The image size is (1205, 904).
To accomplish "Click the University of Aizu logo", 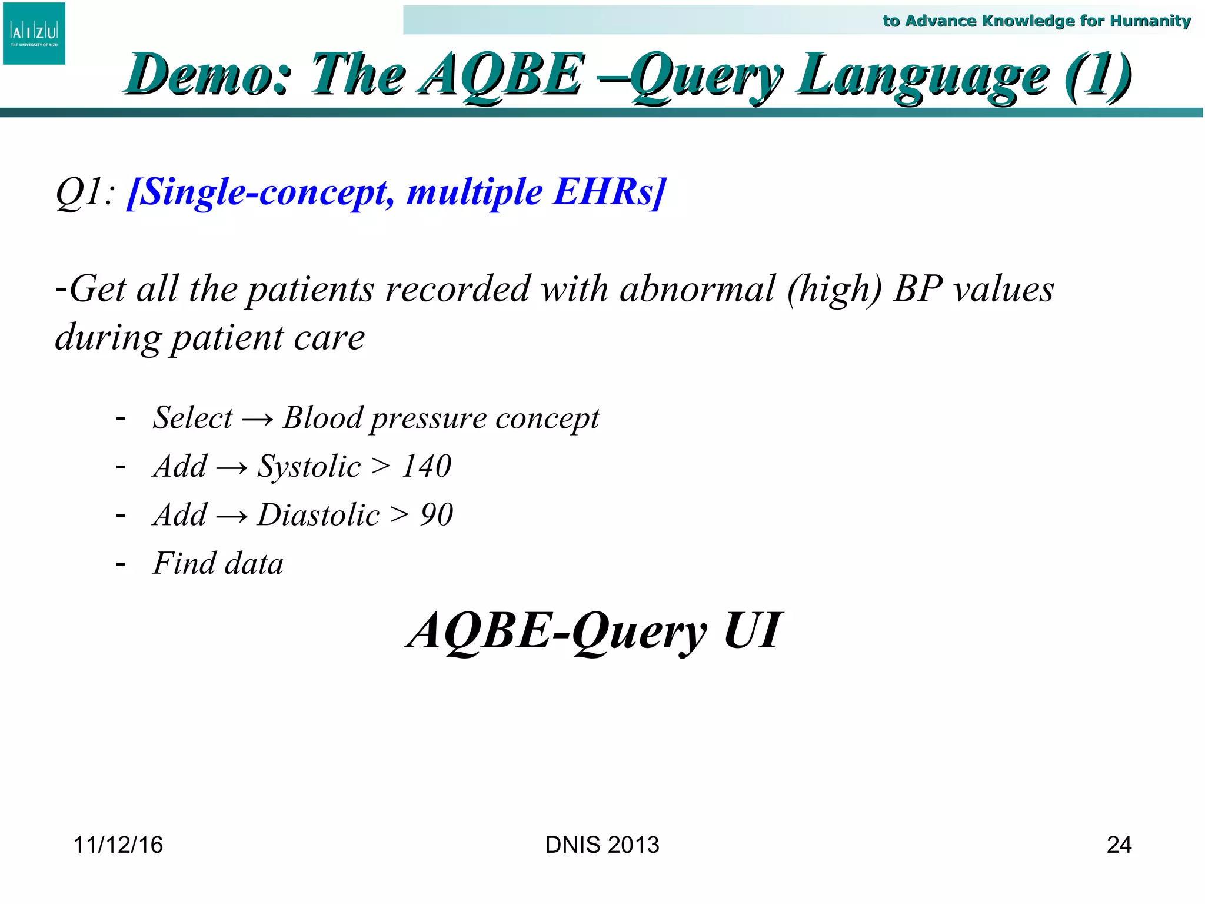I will (34, 34).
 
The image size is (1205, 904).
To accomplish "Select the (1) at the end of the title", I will (1097, 75).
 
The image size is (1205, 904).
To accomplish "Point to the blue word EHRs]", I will (610, 192).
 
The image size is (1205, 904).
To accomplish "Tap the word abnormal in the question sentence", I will (698, 289).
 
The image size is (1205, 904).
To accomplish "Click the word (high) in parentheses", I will (834, 290).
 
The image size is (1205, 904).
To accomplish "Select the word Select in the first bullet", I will (192, 418).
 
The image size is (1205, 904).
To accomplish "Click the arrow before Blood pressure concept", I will (258, 420).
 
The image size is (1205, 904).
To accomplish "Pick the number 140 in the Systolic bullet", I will (427, 466).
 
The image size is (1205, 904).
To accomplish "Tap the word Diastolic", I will (318, 515).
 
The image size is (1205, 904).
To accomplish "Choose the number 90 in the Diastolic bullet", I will (437, 515).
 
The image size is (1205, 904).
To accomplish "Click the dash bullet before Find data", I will (121, 564).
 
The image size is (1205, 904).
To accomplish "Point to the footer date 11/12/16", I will (118, 845).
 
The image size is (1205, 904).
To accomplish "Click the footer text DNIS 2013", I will (602, 845).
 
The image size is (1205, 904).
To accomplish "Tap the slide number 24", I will (1119, 845).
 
